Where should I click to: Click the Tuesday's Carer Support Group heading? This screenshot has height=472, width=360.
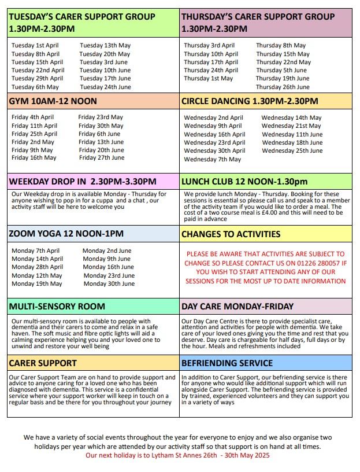point(82,23)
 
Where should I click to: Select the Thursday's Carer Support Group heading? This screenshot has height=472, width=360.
point(258,23)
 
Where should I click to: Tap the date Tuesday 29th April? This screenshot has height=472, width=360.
point(37,79)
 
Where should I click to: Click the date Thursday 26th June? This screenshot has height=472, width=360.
point(283,87)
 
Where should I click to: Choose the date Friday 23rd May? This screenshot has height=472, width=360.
point(101,117)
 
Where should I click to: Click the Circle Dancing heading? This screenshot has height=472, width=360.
point(250,101)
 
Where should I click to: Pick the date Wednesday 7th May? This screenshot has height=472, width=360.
point(212,159)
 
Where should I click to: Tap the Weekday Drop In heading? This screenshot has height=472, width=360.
point(83,182)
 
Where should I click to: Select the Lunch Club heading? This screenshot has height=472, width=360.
point(244,182)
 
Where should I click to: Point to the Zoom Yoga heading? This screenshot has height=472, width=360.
point(66,234)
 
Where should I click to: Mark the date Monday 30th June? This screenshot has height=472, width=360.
point(109,284)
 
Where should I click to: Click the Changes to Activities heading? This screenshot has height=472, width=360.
point(231,234)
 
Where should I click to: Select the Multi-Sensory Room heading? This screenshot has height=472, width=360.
point(57,307)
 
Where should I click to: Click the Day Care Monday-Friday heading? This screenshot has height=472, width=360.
point(237,307)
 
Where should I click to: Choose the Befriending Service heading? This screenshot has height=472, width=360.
point(227,363)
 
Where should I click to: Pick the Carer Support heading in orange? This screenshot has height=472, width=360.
point(43,363)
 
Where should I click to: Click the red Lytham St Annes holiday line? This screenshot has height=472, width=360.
point(177,455)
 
